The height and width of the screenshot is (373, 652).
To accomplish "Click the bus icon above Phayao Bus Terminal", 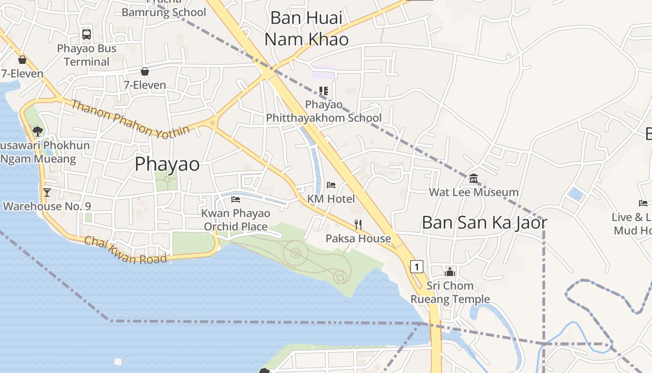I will [87, 34].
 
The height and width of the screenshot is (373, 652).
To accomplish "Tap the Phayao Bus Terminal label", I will [87, 55].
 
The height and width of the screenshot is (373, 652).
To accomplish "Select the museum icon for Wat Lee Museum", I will [474, 178].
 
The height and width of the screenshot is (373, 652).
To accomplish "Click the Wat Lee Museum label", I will [474, 192].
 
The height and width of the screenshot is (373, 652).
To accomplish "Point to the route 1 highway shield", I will [417, 267].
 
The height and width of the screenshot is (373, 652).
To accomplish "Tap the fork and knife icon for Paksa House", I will [358, 225].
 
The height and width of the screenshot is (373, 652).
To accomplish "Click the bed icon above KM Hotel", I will [331, 185].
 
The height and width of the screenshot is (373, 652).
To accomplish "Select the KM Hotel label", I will [331, 199].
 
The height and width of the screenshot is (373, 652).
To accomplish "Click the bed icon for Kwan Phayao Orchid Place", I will [236, 200].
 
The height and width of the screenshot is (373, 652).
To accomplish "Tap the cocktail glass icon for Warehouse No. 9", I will [47, 192].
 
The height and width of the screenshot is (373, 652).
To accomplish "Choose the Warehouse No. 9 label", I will [47, 206].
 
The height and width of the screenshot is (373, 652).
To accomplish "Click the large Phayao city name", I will [167, 164].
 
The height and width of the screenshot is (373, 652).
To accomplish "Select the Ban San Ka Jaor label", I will [484, 223].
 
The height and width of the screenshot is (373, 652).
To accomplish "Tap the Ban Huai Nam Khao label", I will [306, 29].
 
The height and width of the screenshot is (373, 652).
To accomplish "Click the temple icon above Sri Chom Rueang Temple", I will [450, 272].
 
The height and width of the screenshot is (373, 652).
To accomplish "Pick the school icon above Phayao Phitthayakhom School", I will [324, 91].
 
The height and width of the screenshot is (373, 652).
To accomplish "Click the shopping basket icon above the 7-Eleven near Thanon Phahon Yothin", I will [145, 71].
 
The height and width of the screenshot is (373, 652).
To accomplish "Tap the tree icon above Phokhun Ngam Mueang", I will [38, 131].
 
